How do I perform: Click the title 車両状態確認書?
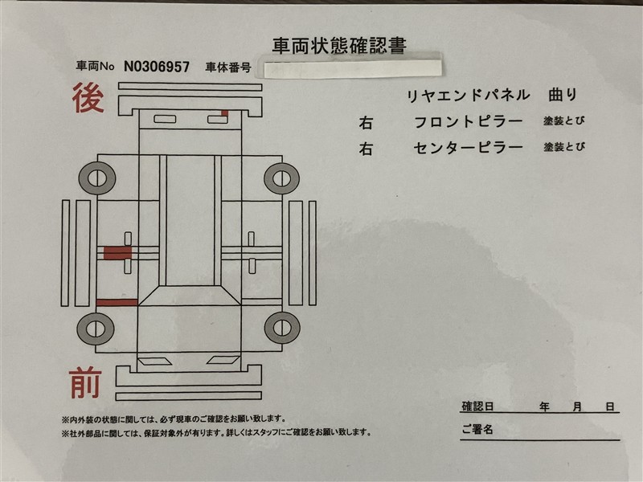339,46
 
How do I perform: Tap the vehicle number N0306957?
157,67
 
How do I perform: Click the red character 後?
88,97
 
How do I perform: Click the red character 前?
85,383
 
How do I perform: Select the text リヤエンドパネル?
468,96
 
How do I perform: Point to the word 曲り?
563,95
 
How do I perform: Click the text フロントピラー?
469,122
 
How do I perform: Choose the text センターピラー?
469,148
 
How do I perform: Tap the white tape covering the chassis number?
353,68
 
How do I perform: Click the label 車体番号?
228,67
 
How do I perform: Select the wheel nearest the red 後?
97,178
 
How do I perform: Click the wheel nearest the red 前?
96,329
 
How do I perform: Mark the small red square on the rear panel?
225,112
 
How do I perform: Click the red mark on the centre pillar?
117,253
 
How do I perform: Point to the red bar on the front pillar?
117,303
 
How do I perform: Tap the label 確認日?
477,406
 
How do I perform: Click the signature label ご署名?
477,429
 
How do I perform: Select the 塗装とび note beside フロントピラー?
564,121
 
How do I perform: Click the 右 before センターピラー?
366,149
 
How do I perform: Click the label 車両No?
95,66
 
